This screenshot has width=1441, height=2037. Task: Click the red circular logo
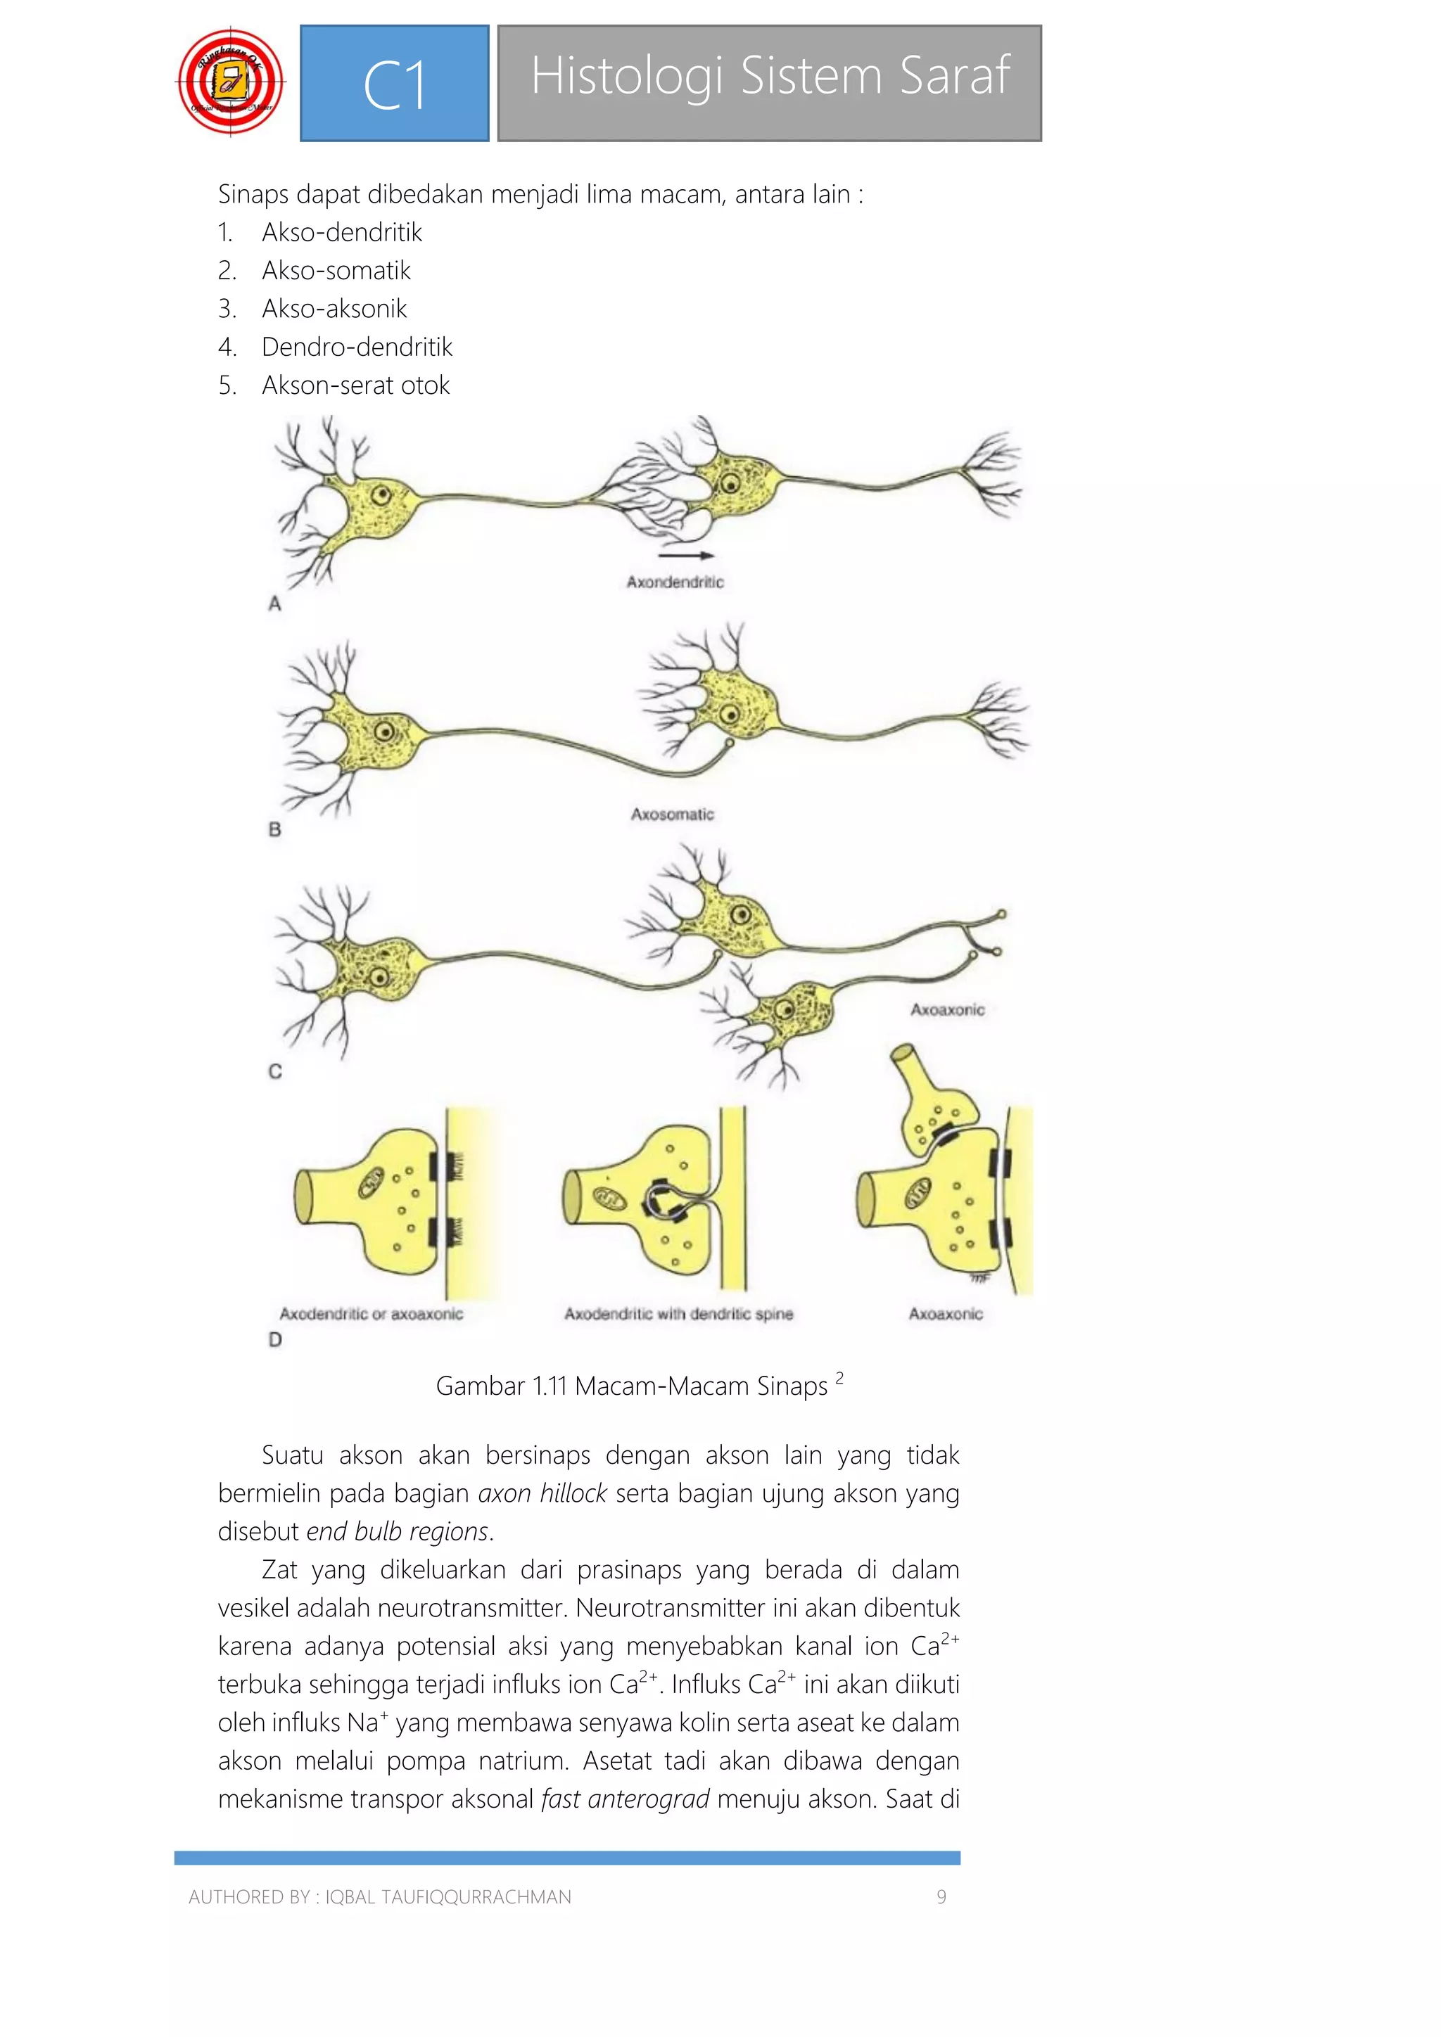point(231,82)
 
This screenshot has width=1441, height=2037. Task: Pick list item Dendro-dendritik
point(357,347)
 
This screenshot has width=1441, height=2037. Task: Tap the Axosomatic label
point(672,814)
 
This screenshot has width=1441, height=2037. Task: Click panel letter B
point(274,829)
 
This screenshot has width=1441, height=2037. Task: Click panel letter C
point(275,1072)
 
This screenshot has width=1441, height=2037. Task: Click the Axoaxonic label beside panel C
point(947,1009)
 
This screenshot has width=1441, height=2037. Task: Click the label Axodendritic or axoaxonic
point(371,1314)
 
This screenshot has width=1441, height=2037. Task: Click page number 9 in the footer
point(941,1897)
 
